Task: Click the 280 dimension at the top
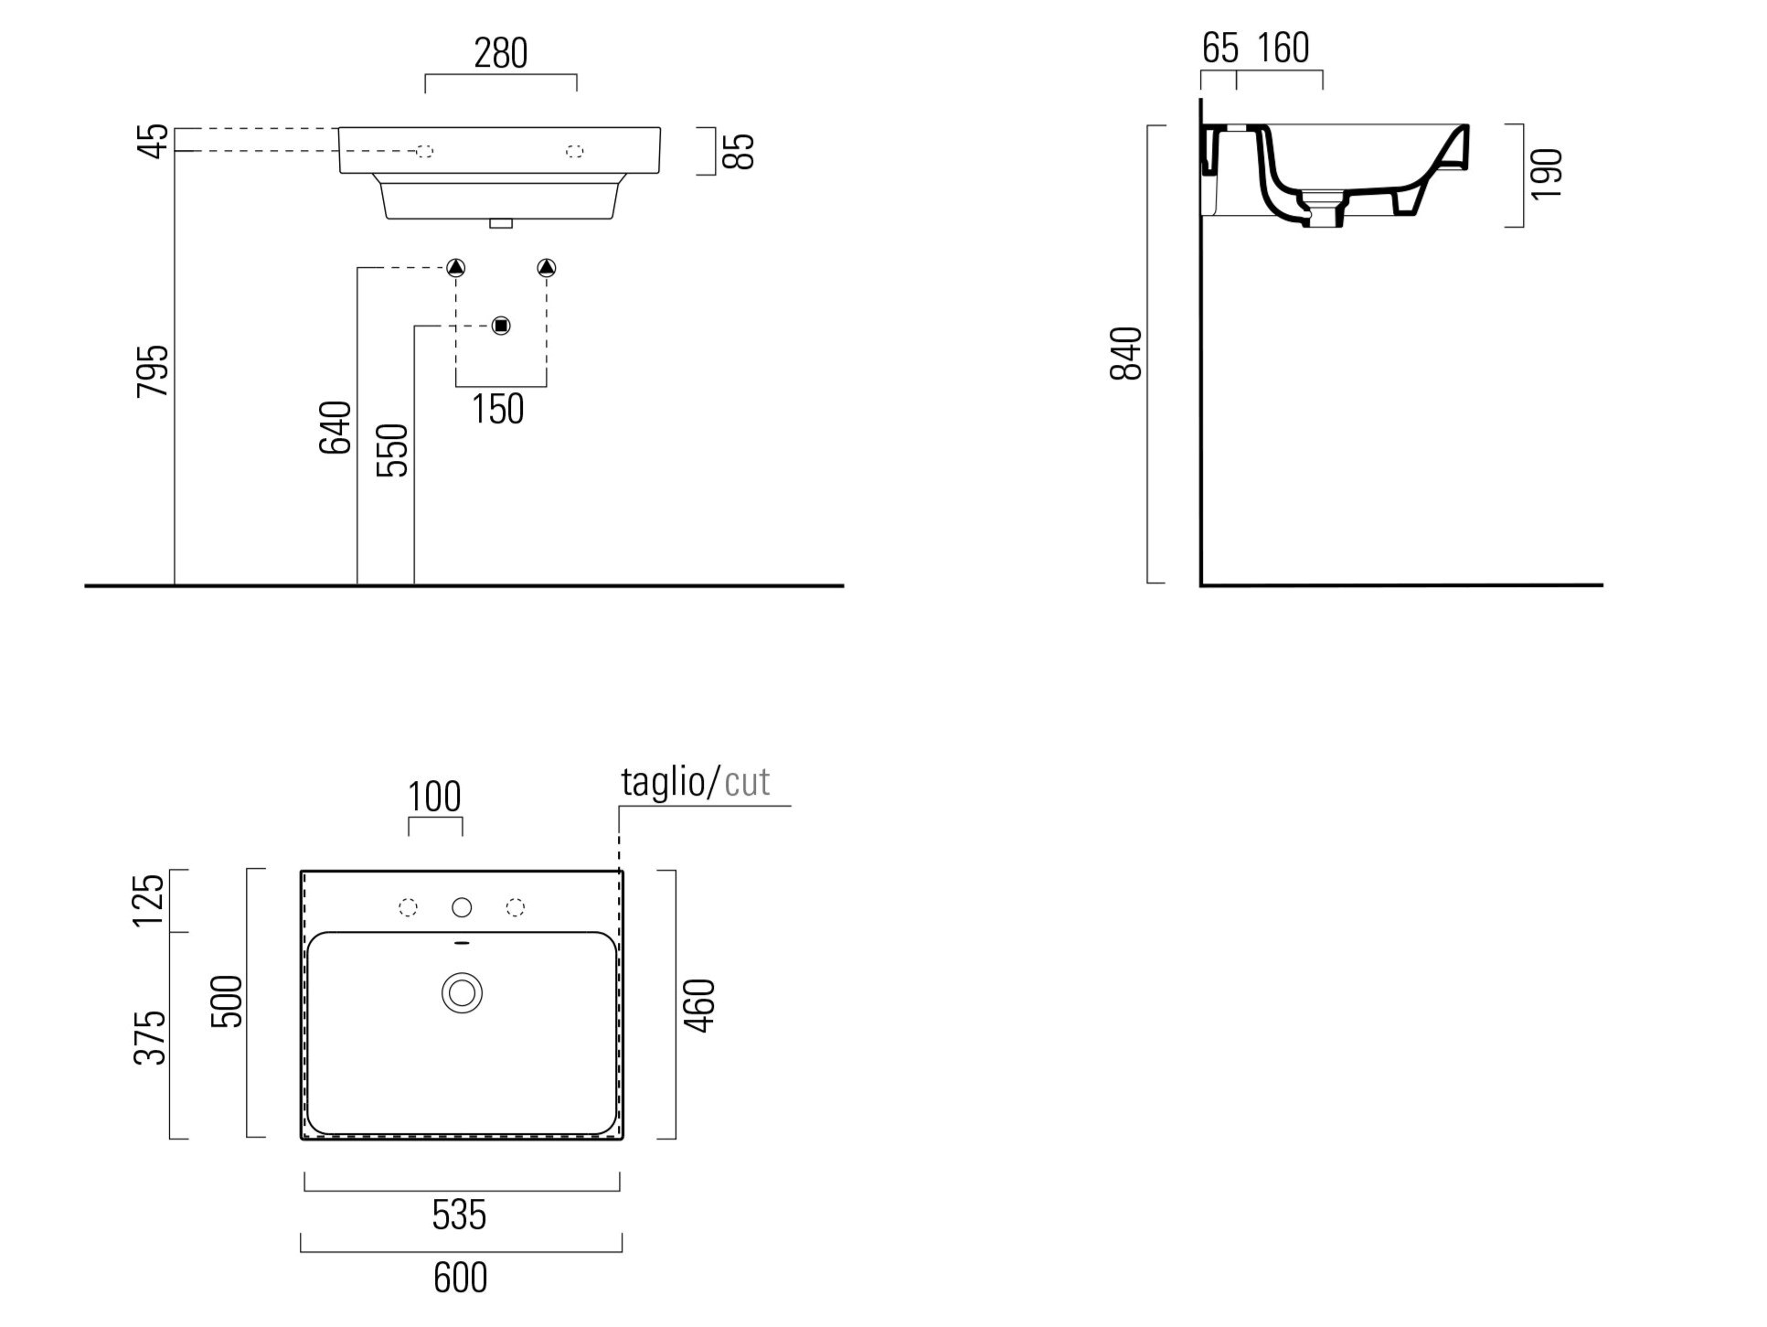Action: pos(500,53)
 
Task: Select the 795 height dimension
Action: pos(153,370)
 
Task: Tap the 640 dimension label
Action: pos(335,427)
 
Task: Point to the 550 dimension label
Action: pos(392,450)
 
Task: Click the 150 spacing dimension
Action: pos(498,409)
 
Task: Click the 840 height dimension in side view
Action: pos(1126,353)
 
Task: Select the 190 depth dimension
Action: pos(1546,174)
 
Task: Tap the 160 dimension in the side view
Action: pos(1283,48)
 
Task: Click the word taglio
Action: pos(663,783)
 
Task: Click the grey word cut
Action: pos(747,783)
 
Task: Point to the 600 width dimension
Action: pos(461,1277)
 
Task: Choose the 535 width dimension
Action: pos(460,1215)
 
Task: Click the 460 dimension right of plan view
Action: pos(700,1006)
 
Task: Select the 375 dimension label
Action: pos(150,1038)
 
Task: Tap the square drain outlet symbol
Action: pos(501,326)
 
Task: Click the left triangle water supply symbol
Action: pos(456,268)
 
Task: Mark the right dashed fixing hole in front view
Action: pos(575,151)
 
